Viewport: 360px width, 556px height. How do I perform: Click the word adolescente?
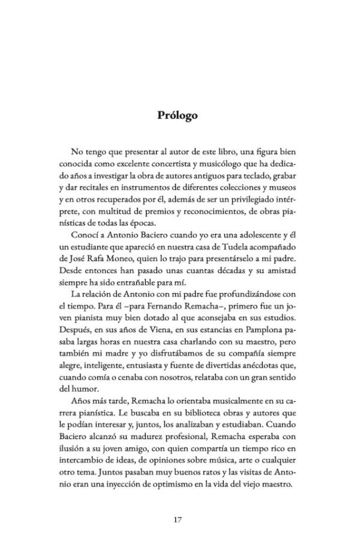[256, 234]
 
